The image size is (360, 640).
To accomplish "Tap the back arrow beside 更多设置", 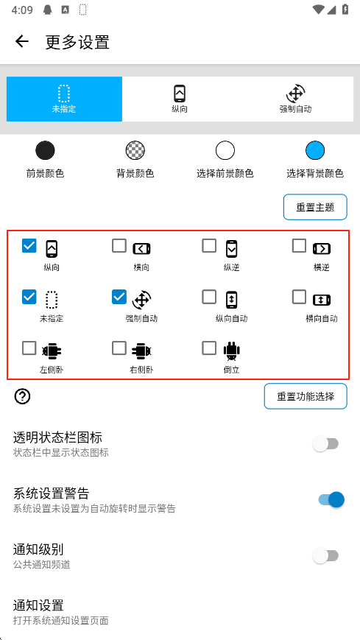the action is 21,41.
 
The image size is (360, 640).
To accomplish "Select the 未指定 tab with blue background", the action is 64,99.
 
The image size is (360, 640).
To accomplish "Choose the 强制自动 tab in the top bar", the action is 295,99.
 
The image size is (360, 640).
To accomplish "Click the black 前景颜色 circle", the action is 45,151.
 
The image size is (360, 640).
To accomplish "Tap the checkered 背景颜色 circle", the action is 135,151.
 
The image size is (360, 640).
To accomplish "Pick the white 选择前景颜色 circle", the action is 225,151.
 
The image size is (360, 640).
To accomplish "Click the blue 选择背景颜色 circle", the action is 315,151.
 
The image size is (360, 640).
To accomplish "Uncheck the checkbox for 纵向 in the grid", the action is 29,246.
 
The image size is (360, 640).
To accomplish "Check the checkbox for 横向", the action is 119,246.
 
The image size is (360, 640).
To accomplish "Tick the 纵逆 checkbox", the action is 209,246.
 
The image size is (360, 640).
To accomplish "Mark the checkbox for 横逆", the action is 299,246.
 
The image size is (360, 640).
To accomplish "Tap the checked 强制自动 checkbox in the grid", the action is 119,297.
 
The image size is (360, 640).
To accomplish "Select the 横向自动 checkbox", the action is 299,297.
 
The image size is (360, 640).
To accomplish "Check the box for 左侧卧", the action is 29,348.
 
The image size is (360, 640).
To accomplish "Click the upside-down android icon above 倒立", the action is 231,351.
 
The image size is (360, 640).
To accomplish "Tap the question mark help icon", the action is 22,396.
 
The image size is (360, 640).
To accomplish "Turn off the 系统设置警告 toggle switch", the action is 331,499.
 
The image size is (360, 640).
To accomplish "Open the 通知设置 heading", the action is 38,605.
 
